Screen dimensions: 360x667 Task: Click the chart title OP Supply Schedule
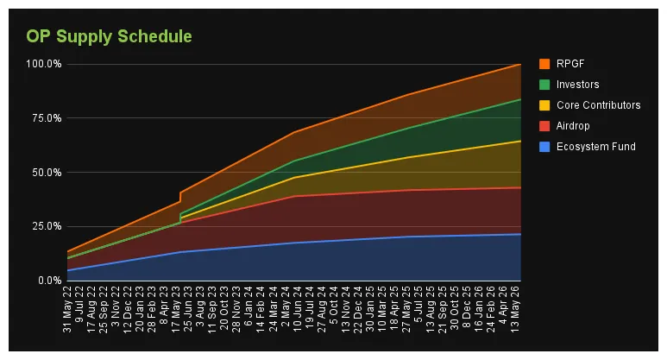(x=109, y=36)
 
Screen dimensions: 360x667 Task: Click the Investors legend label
(x=578, y=85)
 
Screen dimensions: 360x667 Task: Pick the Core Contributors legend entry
(x=599, y=105)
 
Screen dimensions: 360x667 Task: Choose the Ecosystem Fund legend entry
(x=595, y=147)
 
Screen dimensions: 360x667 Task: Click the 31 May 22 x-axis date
(x=68, y=313)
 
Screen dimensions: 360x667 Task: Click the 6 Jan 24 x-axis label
(x=249, y=311)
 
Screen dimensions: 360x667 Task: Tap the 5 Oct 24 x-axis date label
(x=331, y=309)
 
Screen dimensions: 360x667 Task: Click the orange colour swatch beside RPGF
(x=544, y=64)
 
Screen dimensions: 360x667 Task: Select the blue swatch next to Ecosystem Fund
(x=544, y=147)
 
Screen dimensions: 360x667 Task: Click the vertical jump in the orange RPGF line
(x=179, y=197)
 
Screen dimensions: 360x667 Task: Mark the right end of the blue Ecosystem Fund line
(x=520, y=234)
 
